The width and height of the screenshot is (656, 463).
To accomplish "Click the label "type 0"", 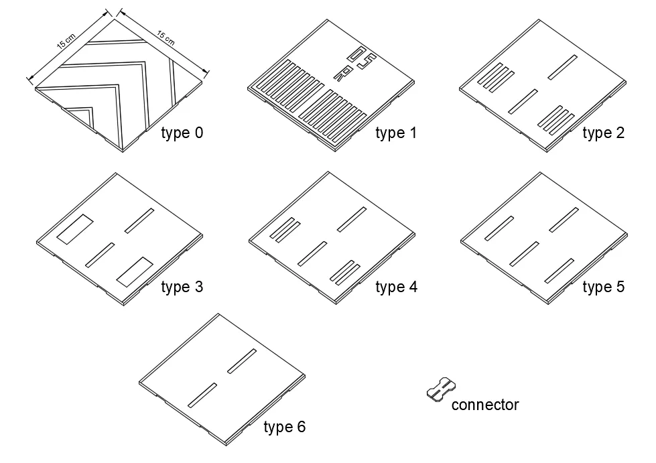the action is click(182, 133).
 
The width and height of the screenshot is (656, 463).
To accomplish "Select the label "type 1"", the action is click(396, 133).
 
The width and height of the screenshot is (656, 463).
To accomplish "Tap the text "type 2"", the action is click(603, 133).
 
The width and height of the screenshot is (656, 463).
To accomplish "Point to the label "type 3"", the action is click(182, 287).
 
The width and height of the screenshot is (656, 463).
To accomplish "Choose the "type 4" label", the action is click(396, 287).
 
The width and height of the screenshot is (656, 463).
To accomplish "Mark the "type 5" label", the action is click(603, 287).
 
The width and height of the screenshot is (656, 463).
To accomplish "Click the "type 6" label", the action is click(285, 427).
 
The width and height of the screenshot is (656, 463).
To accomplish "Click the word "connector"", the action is click(485, 405).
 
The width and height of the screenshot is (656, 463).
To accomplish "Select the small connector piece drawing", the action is click(442, 389).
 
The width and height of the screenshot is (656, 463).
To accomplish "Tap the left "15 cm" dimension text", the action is click(66, 42).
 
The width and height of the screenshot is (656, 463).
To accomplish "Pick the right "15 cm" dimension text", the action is click(166, 38).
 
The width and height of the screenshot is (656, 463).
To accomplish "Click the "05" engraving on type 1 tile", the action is click(361, 58).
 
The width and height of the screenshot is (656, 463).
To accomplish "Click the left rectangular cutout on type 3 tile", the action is click(75, 228).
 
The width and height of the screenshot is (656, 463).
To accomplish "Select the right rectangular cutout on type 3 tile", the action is click(135, 272).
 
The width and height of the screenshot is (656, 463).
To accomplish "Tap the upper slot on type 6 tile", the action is click(242, 361).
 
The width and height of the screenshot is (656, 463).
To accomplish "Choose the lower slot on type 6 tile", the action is click(202, 395).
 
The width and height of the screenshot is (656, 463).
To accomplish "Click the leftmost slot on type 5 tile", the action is click(499, 228).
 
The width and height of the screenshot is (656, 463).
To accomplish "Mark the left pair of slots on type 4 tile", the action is click(285, 230).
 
